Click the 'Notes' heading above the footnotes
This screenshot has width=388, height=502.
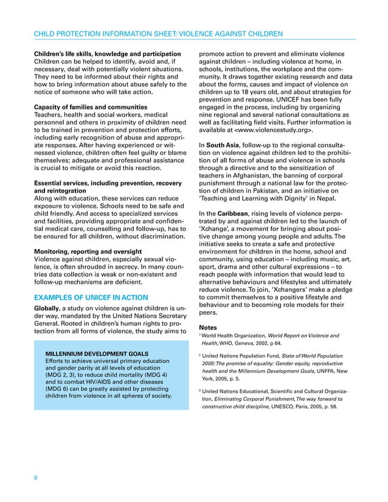coord(208,328)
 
